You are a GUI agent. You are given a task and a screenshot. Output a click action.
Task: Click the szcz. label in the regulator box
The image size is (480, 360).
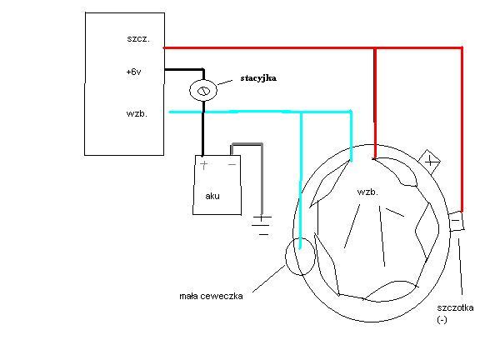coord(138,39)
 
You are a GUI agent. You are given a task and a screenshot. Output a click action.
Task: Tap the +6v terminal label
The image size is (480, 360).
coord(134,72)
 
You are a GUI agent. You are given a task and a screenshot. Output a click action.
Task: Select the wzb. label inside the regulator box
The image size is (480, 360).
coord(137,113)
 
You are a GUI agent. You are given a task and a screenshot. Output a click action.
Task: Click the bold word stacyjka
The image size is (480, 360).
coord(258,78)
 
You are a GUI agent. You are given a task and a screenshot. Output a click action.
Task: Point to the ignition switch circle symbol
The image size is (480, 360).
coord(203,91)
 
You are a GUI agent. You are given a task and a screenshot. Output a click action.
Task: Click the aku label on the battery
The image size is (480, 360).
coord(212,196)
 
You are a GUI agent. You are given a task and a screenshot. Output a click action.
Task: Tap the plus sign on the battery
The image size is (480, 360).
coord(203,165)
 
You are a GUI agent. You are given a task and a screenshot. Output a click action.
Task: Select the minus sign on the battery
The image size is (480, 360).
coord(232,165)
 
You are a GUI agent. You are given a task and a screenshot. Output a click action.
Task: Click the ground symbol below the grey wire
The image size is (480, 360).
coord(261,226)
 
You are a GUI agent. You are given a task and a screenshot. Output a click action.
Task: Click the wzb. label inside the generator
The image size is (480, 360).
coord(367,192)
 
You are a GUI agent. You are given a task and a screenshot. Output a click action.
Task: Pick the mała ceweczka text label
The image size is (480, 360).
coord(211,296)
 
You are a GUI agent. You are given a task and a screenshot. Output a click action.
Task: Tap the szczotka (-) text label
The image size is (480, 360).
coord(455,313)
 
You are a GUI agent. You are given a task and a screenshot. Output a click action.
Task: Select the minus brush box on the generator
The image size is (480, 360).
coord(456,221)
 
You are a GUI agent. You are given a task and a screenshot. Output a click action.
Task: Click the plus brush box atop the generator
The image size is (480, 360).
coord(429,162)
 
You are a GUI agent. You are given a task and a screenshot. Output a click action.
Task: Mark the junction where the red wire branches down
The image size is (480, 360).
coord(375,48)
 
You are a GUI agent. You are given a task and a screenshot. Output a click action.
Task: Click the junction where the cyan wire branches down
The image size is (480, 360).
coord(301,112)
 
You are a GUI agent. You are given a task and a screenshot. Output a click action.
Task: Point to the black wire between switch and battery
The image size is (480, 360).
coord(202,128)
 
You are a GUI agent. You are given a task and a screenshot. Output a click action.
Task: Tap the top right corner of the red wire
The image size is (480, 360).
coord(462,47)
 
